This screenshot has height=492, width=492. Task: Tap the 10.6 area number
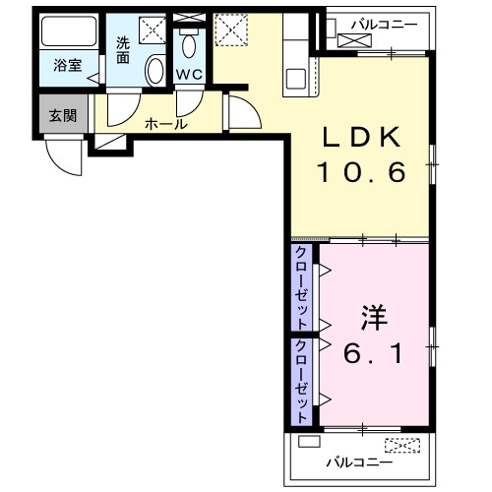point(361,174)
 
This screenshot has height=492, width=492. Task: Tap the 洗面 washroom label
point(122,50)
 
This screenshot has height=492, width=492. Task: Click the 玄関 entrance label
point(62,114)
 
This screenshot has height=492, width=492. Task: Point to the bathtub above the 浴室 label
point(68,32)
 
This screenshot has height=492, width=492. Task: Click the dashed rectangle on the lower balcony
point(402,444)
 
